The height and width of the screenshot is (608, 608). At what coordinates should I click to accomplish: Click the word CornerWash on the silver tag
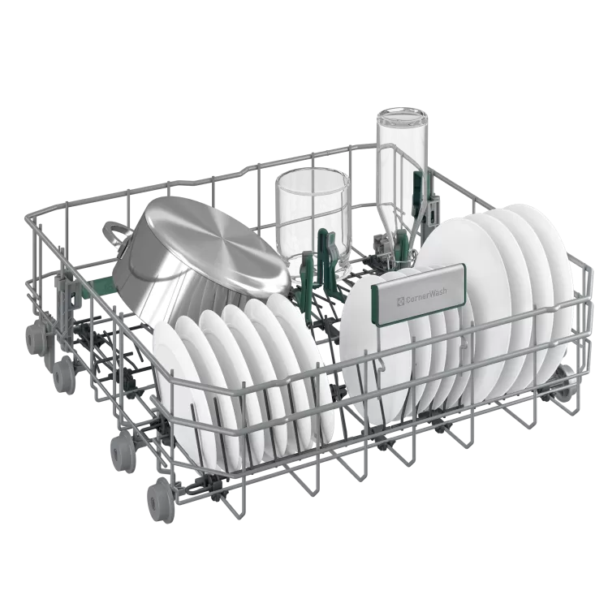[x=426, y=291]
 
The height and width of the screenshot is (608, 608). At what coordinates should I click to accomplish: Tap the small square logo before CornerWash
[x=400, y=300]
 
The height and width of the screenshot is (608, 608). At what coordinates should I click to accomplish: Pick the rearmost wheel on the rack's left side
[x=36, y=338]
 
